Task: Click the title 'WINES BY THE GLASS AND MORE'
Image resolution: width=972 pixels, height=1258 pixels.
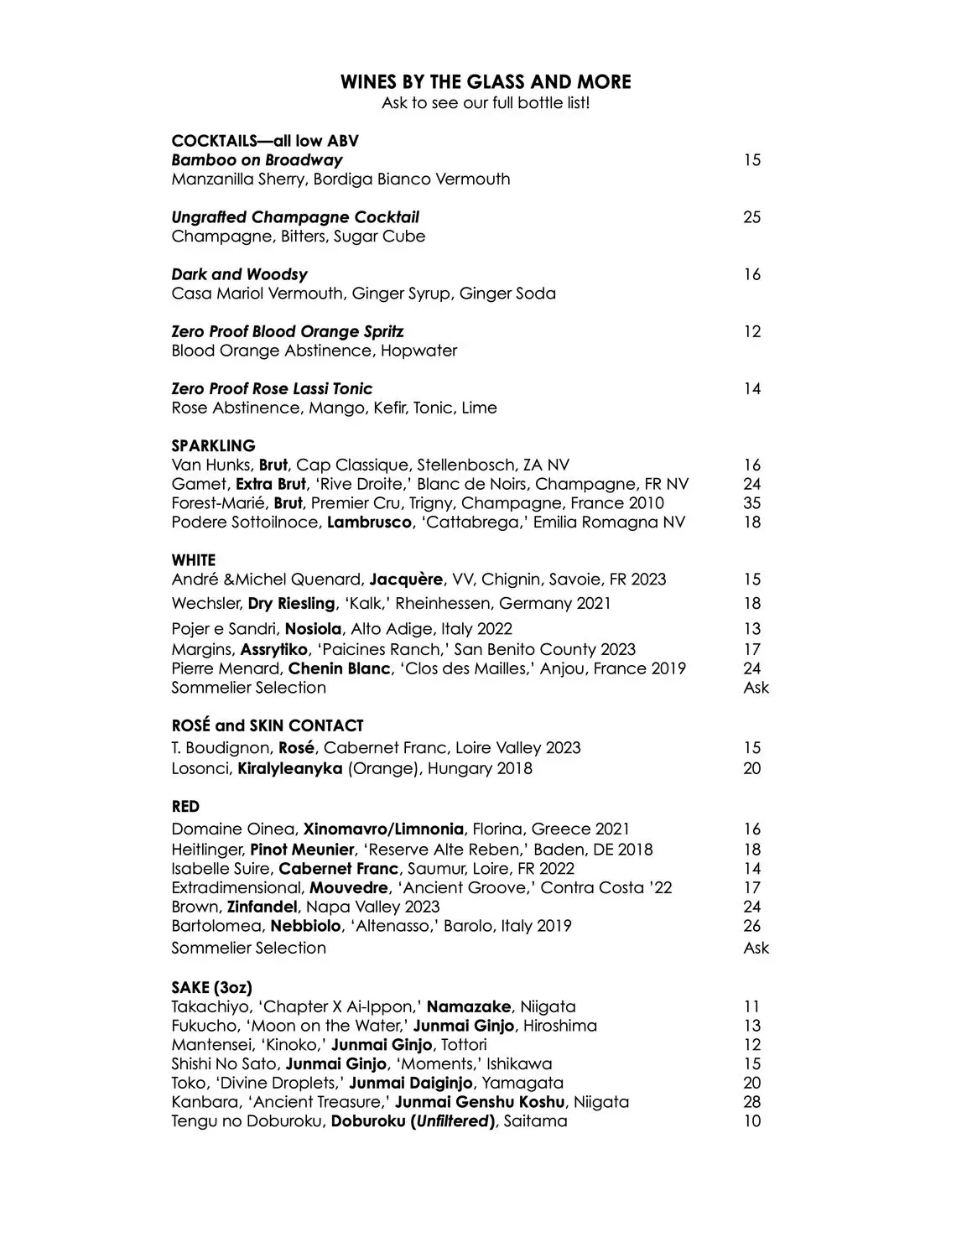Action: tap(486, 81)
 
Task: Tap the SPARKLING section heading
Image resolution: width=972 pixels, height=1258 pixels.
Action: tap(213, 445)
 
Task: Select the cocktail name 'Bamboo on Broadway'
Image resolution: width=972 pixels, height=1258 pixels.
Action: tap(257, 159)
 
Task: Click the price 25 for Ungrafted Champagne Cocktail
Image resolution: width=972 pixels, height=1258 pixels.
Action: tap(751, 217)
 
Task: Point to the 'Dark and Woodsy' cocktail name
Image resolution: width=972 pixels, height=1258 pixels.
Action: tap(239, 274)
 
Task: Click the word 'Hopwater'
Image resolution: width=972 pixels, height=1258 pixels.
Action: tap(418, 351)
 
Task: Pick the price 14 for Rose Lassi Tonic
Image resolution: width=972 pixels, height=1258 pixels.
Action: tap(751, 388)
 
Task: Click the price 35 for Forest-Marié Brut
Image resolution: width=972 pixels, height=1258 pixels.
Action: tap(751, 503)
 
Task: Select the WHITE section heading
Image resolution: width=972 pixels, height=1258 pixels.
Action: tap(193, 559)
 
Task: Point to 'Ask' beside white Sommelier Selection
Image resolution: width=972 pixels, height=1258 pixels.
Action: tap(756, 688)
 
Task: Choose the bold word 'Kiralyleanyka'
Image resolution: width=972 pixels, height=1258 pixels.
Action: tap(290, 768)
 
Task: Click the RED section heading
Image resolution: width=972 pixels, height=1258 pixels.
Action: tap(185, 806)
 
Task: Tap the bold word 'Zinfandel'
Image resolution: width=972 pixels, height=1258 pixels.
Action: tap(262, 907)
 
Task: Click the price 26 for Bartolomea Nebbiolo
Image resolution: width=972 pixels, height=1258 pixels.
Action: tap(751, 926)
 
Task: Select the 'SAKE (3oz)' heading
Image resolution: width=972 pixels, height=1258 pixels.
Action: tap(211, 987)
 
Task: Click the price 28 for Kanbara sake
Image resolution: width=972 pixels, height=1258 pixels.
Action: tap(751, 1102)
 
